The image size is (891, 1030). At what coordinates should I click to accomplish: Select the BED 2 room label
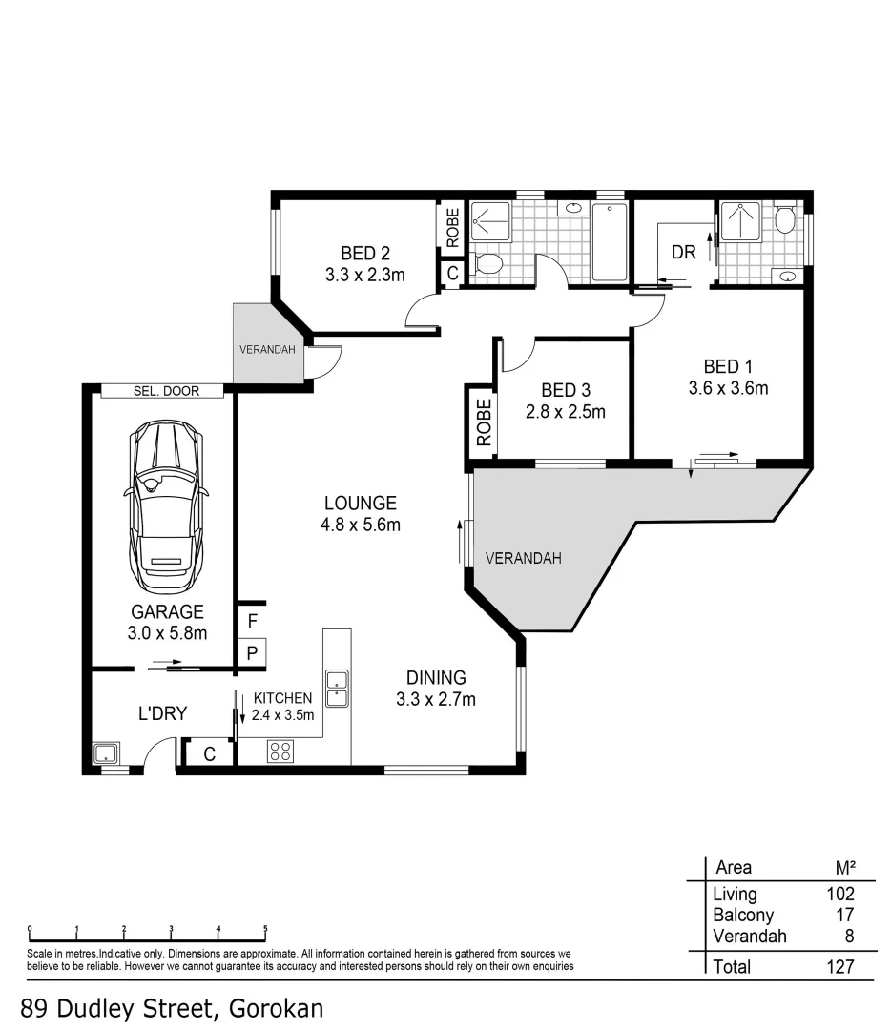coord(365,254)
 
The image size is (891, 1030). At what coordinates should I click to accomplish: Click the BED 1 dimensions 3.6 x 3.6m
coord(728,388)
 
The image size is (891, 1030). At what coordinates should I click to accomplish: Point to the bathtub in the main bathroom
coord(610,242)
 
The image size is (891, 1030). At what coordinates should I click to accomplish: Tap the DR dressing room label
coord(684,253)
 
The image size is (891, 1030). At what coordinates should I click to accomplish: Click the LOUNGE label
coord(360,504)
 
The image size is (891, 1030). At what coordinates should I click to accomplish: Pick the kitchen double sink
coord(337,688)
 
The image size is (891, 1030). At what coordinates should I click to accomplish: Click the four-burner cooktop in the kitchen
coord(280,751)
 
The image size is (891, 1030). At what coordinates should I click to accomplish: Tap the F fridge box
coord(252,621)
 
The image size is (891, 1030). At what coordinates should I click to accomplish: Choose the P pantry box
coord(252,653)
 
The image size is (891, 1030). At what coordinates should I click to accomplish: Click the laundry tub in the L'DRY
coord(105,753)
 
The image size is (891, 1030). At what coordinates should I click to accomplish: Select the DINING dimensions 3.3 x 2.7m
coord(436,699)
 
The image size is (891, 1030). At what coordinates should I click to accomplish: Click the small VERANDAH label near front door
coord(266,349)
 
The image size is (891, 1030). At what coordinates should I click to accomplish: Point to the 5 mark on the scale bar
coord(265,928)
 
